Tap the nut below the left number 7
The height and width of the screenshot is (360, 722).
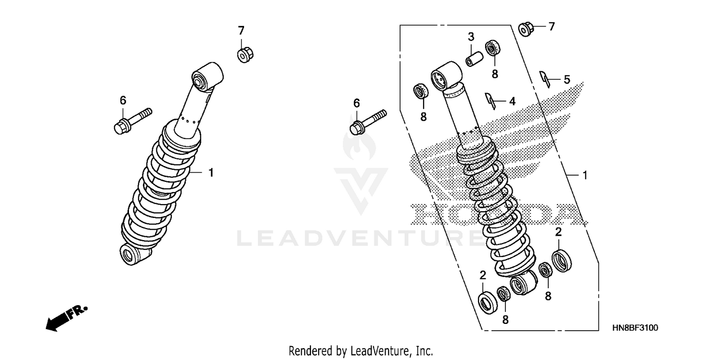pyautogui.click(x=245, y=54)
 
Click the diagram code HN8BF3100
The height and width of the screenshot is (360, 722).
pyautogui.click(x=635, y=328)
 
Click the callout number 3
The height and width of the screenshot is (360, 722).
pyautogui.click(x=471, y=37)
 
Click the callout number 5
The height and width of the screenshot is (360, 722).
pyautogui.click(x=567, y=79)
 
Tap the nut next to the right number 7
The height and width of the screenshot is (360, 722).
pyautogui.click(x=526, y=28)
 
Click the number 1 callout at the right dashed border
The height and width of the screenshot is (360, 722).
pyautogui.click(x=585, y=176)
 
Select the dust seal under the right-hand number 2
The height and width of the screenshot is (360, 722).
pyautogui.click(x=562, y=260)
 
